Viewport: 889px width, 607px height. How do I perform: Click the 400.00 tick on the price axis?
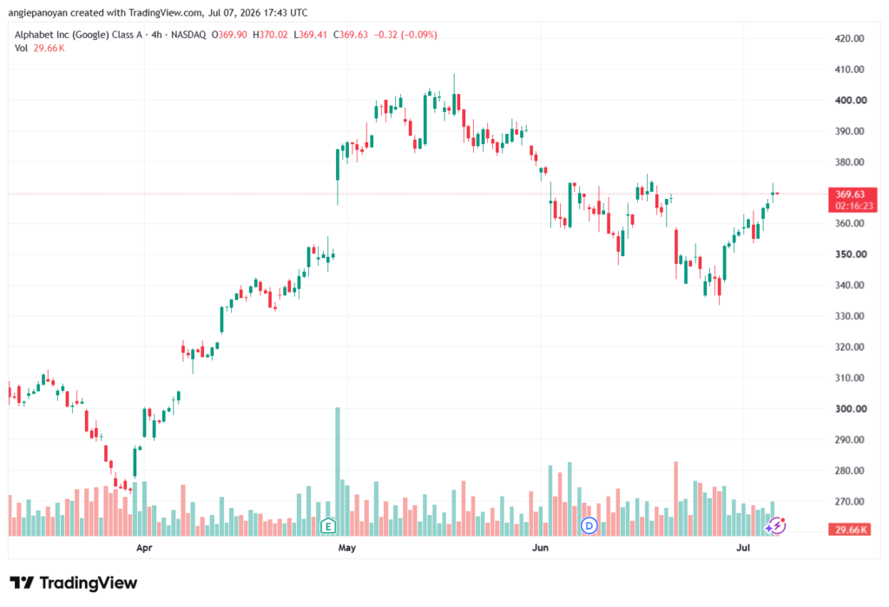coord(851,101)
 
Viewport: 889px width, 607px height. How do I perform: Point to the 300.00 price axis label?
coord(851,408)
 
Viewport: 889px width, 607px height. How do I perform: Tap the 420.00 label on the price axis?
coord(849,38)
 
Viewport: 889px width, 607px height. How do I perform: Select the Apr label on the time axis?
coord(144,548)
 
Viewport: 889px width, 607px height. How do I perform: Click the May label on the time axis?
coord(346,548)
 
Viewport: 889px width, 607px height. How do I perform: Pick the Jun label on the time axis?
coord(540,547)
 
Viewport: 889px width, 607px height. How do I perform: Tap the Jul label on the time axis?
coord(743,547)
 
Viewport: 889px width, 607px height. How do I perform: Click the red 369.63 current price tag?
coord(853,200)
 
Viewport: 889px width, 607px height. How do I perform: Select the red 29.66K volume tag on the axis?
coord(849,530)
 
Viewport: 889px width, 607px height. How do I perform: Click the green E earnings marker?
coord(327,526)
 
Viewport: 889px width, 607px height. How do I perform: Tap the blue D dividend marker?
coord(589,526)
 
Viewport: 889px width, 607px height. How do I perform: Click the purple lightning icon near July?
coord(775,526)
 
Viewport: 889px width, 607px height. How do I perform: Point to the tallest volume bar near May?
coord(338,472)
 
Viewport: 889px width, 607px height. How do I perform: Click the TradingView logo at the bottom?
coord(74,583)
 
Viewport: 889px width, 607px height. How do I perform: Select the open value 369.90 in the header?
coord(233,35)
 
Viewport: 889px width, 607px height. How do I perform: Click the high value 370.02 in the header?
coord(273,35)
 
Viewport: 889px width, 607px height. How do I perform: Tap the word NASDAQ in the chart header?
coord(188,35)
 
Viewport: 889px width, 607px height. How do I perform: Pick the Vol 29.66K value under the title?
coord(49,49)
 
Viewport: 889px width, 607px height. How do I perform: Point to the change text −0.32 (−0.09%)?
coord(405,35)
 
